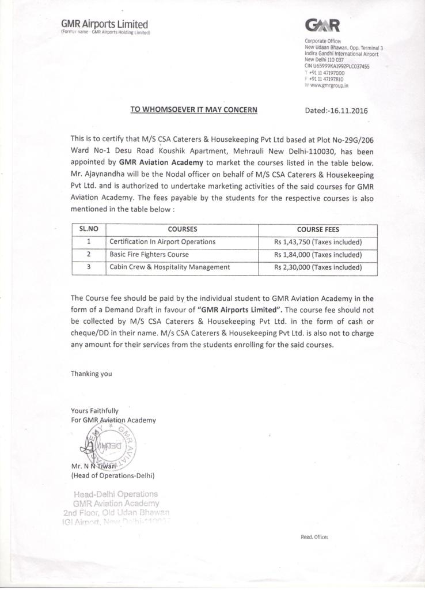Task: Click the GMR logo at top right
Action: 324,25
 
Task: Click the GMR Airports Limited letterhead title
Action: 104,24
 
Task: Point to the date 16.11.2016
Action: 347,111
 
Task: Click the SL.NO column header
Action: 89,229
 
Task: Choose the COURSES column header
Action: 183,229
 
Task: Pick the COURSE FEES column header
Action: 318,229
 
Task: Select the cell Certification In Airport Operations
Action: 162,241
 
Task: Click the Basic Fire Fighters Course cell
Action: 149,254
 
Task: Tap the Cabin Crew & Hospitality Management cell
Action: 170,267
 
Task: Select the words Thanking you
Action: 91,373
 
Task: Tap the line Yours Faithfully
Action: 94,411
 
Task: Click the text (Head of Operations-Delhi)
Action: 112,475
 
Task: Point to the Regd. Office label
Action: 314,537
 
